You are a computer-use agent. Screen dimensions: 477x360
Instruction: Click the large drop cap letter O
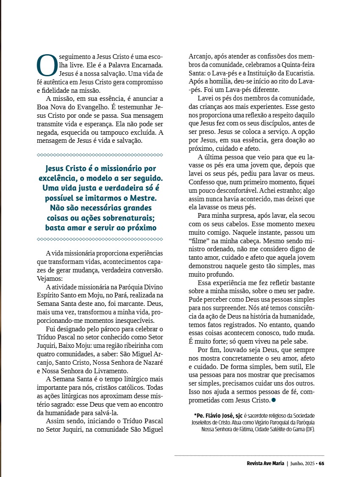tap(47, 65)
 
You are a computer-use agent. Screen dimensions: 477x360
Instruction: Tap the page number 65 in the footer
tap(321, 463)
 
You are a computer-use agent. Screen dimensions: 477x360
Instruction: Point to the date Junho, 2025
tap(303, 463)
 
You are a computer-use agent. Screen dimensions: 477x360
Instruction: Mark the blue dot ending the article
tap(274, 399)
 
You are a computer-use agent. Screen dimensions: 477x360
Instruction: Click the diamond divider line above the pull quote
tap(100, 155)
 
